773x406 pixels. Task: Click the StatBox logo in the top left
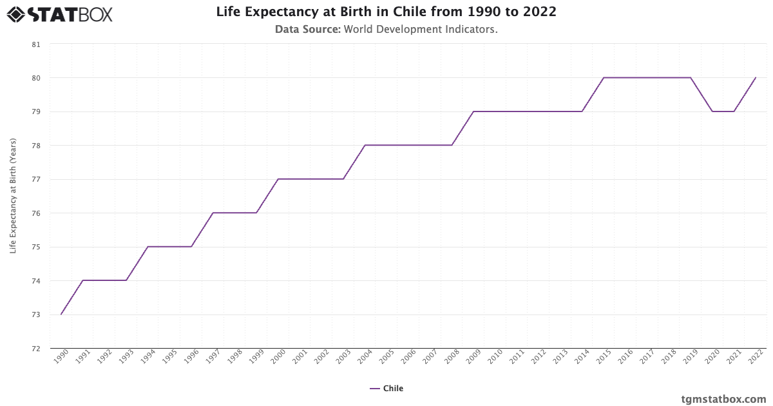tap(59, 14)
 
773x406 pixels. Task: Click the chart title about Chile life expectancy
tap(386, 12)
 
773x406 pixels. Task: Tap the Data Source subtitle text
tap(386, 29)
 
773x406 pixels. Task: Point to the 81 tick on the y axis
tap(35, 44)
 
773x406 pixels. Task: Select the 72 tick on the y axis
tap(35, 349)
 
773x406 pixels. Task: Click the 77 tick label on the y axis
tap(35, 179)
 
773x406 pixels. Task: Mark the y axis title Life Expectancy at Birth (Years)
tap(13, 197)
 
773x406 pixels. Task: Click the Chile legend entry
tap(386, 389)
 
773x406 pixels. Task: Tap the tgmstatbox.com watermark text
tap(723, 399)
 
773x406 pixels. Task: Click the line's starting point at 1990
tap(61, 314)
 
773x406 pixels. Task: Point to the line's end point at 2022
tap(756, 77)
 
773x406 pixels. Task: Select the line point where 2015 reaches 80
tap(604, 77)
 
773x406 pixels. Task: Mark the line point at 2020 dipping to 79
tap(712, 111)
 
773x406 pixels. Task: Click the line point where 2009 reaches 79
tap(473, 111)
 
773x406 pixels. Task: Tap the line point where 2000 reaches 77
tap(278, 179)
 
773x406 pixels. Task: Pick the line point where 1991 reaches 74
tap(83, 280)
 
